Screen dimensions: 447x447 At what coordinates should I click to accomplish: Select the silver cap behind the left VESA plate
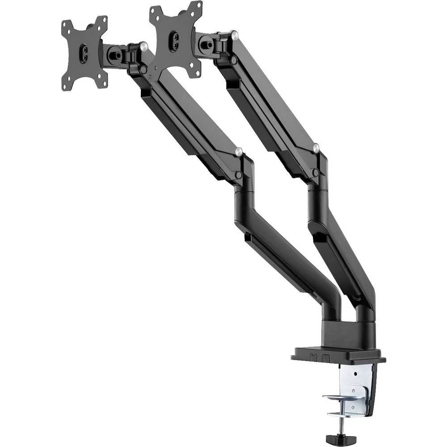click(143, 45)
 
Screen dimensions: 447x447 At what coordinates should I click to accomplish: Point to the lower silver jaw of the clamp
click(342, 414)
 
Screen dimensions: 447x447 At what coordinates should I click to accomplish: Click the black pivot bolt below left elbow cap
click(238, 174)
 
